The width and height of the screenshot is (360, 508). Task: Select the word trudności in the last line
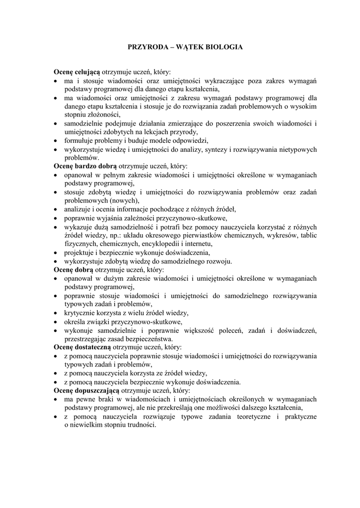[135, 425]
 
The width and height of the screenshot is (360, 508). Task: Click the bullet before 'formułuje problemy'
[56, 140]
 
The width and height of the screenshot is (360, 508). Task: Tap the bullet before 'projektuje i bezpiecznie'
[56, 252]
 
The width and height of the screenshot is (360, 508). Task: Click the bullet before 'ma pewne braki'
[56, 399]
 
